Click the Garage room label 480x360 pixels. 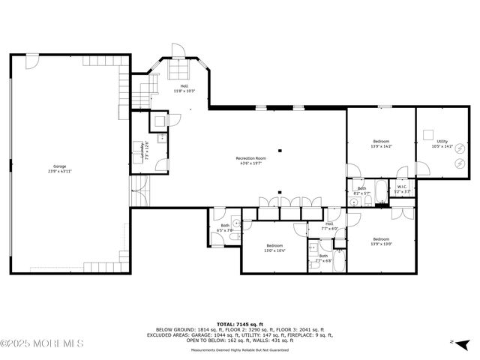59,169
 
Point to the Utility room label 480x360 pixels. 442,144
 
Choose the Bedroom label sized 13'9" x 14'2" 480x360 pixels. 381,144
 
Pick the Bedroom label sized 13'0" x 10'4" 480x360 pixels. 274,247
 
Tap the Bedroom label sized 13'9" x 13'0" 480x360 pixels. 381,241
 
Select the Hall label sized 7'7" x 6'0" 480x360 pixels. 329,226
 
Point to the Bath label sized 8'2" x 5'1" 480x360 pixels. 361,190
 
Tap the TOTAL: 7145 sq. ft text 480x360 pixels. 240,323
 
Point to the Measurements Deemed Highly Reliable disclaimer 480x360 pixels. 240,349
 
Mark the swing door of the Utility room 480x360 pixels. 422,169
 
